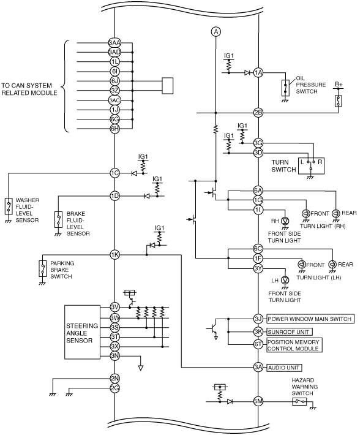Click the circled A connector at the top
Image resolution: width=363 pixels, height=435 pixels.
tap(216, 32)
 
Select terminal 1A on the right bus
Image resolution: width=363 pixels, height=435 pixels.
tap(258, 73)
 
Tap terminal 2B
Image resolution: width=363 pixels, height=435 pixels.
tap(258, 113)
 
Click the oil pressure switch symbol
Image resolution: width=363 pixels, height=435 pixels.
tap(285, 88)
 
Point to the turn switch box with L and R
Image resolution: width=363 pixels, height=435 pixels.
tap(311, 166)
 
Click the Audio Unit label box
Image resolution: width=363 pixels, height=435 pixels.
tap(284, 368)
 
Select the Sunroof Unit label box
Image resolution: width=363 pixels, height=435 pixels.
tap(290, 331)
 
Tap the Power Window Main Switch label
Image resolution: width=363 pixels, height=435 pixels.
tap(310, 319)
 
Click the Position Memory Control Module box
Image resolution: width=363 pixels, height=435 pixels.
tap(294, 345)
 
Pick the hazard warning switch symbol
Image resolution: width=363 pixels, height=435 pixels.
tap(299, 401)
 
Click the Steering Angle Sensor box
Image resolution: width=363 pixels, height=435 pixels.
tap(82, 332)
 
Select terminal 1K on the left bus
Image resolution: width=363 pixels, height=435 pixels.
tap(114, 254)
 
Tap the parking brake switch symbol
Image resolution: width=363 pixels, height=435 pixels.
tap(43, 268)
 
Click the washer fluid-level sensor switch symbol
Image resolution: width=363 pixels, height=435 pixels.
tap(9, 206)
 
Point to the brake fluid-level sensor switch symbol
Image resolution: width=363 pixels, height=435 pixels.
tap(59, 220)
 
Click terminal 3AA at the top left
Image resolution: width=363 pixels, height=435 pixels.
tap(114, 43)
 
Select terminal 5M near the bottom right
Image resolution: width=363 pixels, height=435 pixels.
tap(258, 401)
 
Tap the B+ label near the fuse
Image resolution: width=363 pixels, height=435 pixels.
tap(339, 85)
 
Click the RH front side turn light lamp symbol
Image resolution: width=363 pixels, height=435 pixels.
tap(285, 221)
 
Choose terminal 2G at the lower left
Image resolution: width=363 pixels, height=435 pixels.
tap(114, 388)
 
